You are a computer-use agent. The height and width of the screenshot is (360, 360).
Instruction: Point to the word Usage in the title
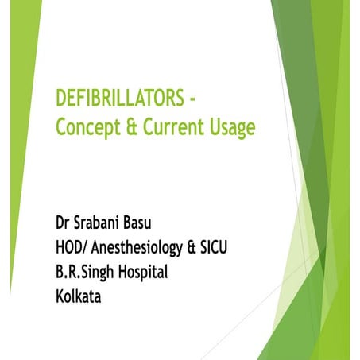(x=234, y=128)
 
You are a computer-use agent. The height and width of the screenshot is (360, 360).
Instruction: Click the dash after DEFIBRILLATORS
(x=192, y=101)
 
